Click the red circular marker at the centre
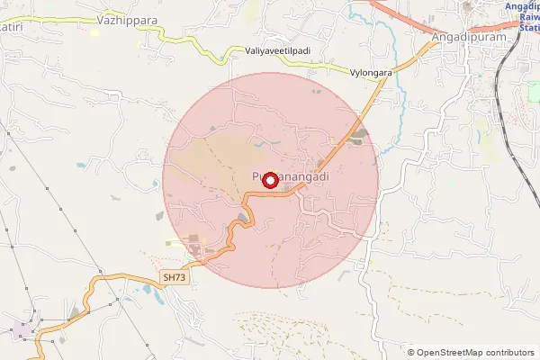[x=269, y=180]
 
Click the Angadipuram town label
[x=466, y=37]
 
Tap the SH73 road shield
[x=176, y=279]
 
